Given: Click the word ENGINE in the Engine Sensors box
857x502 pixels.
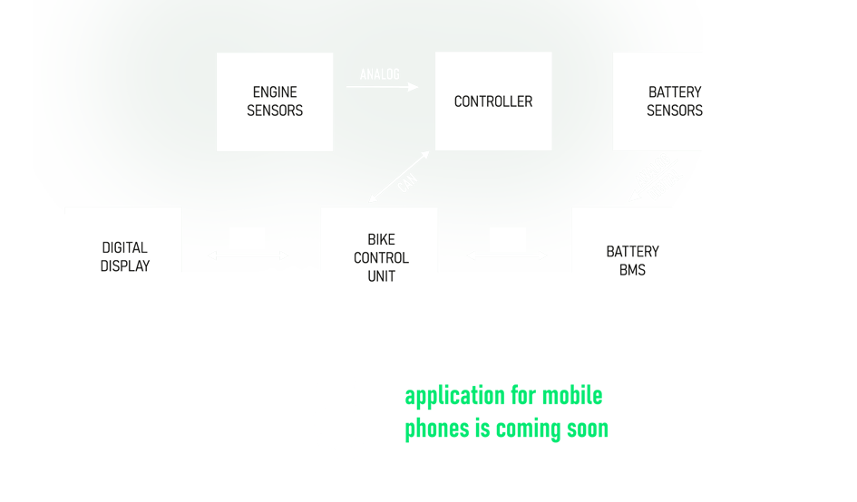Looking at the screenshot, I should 275,92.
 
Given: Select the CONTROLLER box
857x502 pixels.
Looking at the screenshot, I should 493,101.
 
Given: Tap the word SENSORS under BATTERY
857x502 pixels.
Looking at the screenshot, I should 674,111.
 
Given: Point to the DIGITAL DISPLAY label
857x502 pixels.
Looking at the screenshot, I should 124,256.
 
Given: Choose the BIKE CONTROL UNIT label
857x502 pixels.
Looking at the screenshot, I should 381,258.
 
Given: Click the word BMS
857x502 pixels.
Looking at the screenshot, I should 632,270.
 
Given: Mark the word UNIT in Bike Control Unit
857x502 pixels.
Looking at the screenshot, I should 381,276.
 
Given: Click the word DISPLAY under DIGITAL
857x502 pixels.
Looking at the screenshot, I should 124,266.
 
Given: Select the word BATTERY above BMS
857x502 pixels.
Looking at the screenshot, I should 632,252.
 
